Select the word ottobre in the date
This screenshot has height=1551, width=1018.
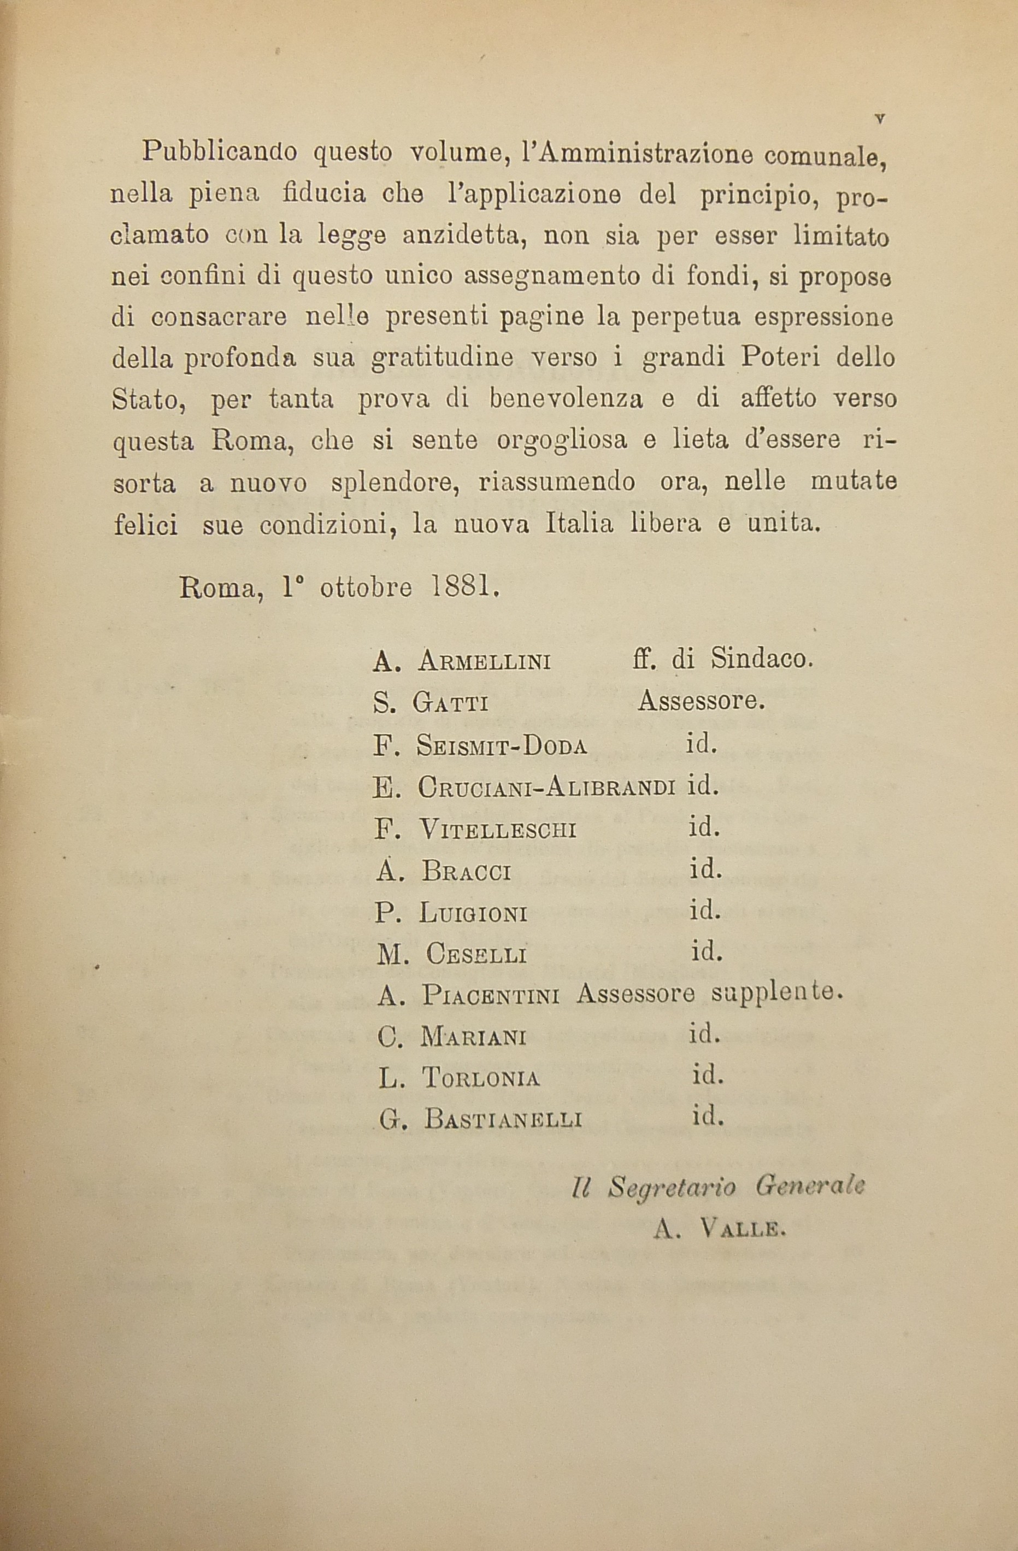[366, 588]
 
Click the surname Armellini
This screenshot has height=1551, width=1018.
[484, 663]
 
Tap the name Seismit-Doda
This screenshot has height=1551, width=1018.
[501, 746]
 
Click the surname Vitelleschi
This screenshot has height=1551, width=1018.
[498, 830]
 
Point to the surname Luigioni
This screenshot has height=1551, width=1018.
[473, 914]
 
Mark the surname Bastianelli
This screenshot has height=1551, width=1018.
[503, 1120]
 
